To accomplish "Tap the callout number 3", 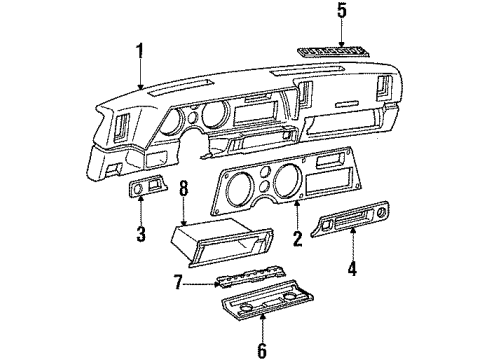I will (142, 236).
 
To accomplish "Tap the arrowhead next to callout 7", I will (194, 284).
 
